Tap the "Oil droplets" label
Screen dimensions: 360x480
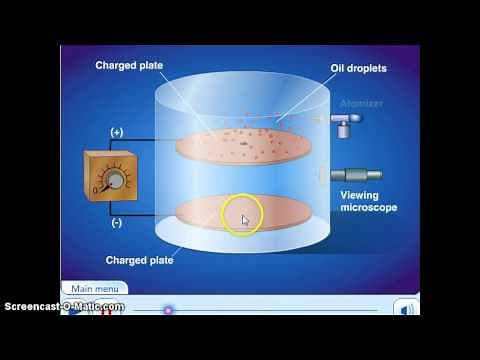358,69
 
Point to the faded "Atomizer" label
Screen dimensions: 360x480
362,102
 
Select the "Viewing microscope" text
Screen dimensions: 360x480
368,201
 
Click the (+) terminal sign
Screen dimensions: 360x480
118,132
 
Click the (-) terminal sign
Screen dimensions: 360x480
118,222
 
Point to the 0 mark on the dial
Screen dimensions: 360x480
96,188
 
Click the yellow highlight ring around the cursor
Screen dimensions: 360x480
242,217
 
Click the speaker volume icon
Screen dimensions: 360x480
407,310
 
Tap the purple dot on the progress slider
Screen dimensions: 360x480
168,310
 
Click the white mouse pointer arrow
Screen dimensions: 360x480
245,219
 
